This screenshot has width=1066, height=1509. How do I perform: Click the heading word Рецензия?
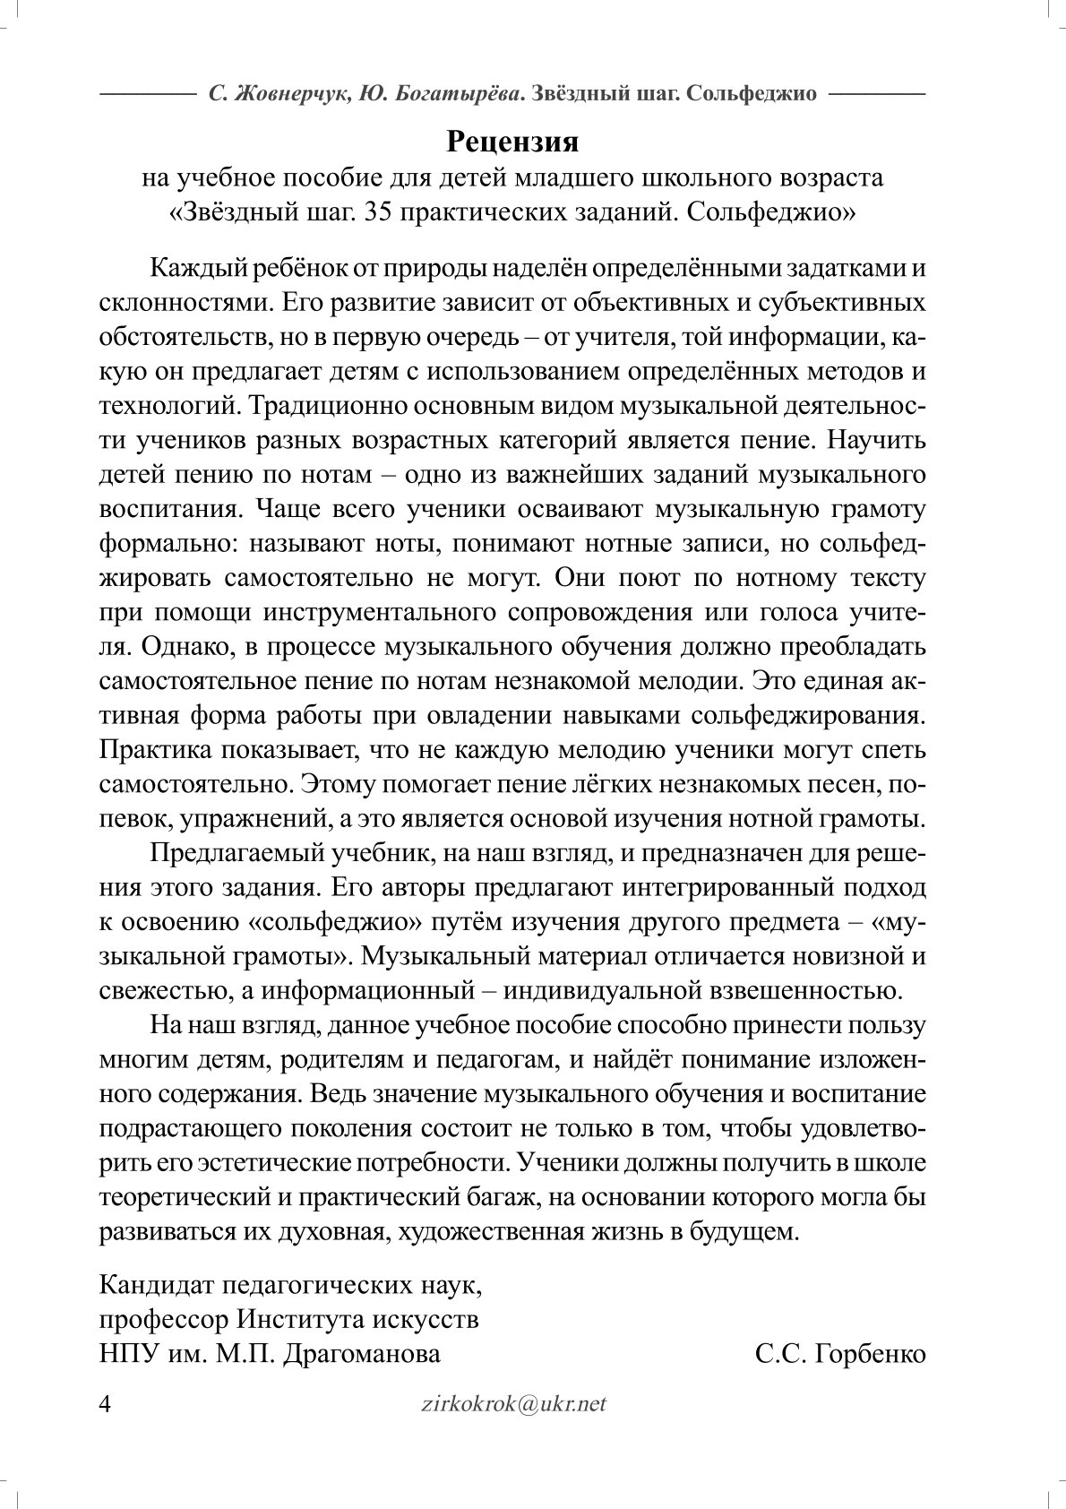(512, 141)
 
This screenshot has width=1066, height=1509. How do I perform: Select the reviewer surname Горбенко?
(864, 1353)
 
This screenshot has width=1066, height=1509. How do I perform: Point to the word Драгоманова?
(362, 1353)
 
